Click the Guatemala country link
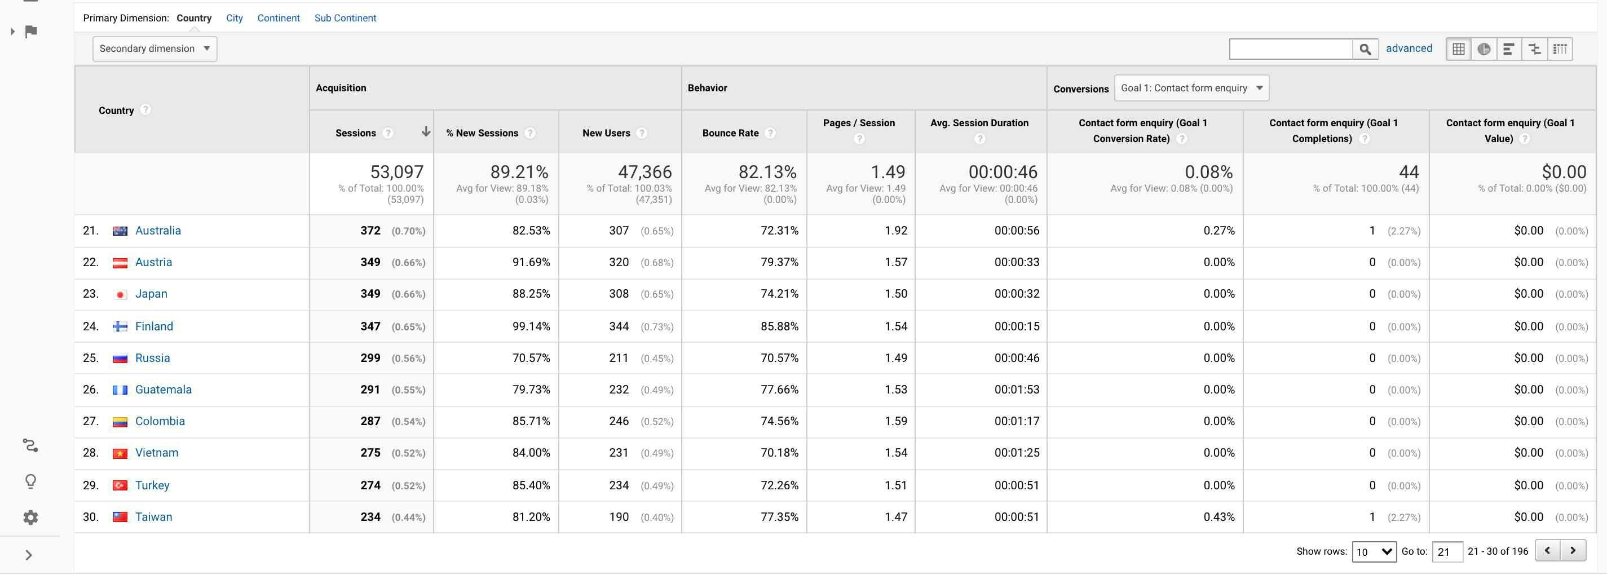pyautogui.click(x=163, y=390)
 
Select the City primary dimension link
pyautogui.click(x=235, y=18)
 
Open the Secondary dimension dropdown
pyautogui.click(x=154, y=48)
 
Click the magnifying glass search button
pyautogui.click(x=1365, y=49)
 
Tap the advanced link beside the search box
pyautogui.click(x=1409, y=48)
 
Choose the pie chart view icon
pyautogui.click(x=1484, y=49)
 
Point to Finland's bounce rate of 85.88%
pyautogui.click(x=779, y=326)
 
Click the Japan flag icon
pyautogui.click(x=120, y=294)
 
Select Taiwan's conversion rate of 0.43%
pyautogui.click(x=1219, y=517)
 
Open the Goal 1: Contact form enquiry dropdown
pyautogui.click(x=1191, y=88)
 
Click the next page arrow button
pyautogui.click(x=1573, y=551)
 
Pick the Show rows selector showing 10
pyautogui.click(x=1374, y=552)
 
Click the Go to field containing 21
pyautogui.click(x=1447, y=552)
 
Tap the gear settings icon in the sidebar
pyautogui.click(x=30, y=517)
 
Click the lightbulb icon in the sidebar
pyautogui.click(x=30, y=481)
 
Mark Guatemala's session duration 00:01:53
pyautogui.click(x=1017, y=390)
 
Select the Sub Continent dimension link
pyautogui.click(x=345, y=18)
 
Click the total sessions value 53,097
pyautogui.click(x=396, y=172)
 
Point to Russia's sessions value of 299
pyautogui.click(x=370, y=358)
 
